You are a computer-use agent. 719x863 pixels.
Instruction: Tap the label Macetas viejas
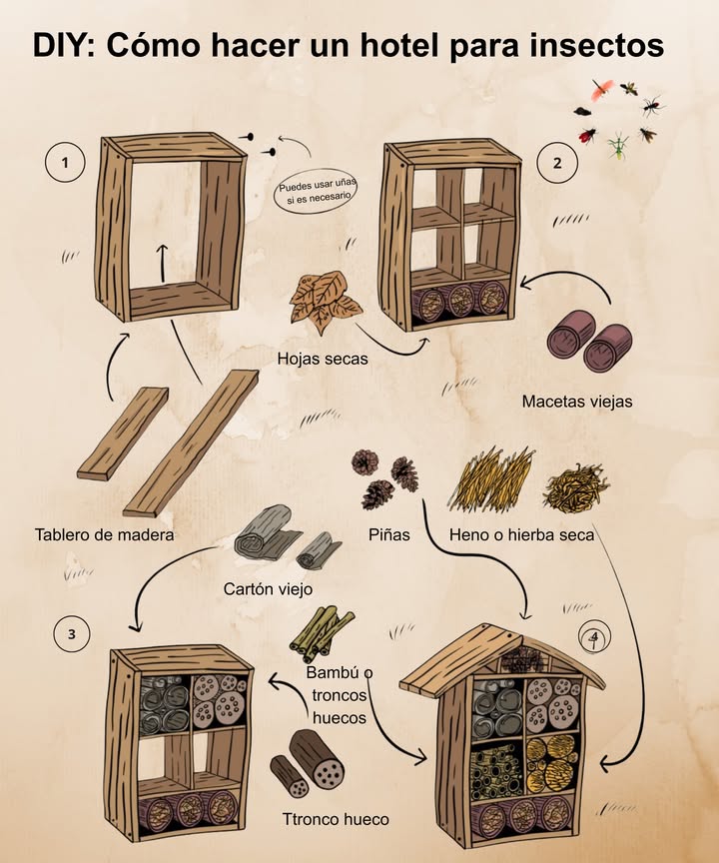pos(577,402)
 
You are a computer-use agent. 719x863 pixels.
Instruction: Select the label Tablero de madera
pos(104,534)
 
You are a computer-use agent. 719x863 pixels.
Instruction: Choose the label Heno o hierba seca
pos(521,534)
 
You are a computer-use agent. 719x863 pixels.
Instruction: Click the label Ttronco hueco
pos(336,820)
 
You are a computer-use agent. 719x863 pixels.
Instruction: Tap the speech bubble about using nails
pos(317,189)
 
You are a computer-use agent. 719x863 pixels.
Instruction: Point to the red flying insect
pos(599,92)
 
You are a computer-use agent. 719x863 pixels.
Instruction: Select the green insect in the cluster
pos(619,146)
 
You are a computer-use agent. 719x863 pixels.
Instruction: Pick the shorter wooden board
pos(122,432)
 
